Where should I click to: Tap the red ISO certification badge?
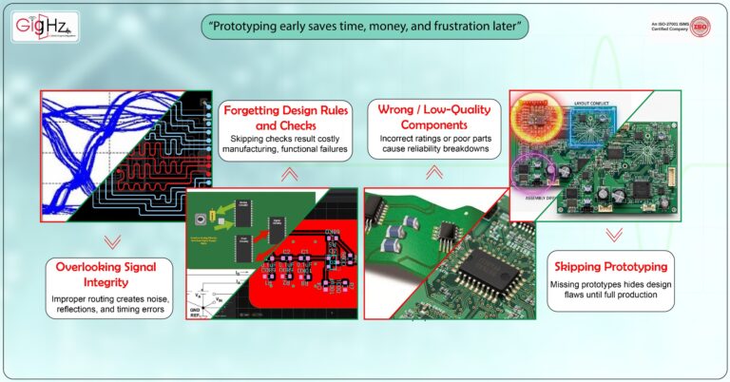701,28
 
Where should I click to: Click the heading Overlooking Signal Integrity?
112,274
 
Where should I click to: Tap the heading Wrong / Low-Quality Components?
434,117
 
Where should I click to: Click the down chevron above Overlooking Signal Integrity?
112,240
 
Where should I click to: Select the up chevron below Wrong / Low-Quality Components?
433,172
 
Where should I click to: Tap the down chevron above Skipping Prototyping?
613,233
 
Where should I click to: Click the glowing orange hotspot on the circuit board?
536,117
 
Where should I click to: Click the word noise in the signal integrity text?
174,298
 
